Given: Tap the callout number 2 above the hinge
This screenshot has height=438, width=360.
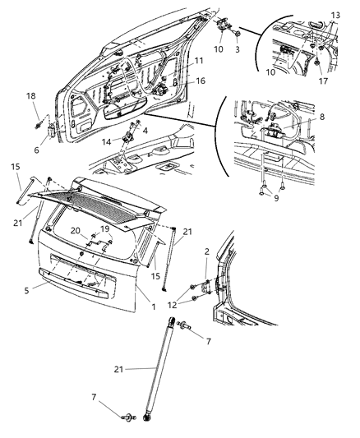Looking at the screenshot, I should click(x=206, y=251).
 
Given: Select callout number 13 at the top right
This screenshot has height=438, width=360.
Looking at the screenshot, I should click(x=335, y=16).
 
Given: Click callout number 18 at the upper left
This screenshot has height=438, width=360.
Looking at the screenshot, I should click(x=31, y=96).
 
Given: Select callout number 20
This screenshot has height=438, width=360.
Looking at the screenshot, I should click(x=76, y=231).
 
